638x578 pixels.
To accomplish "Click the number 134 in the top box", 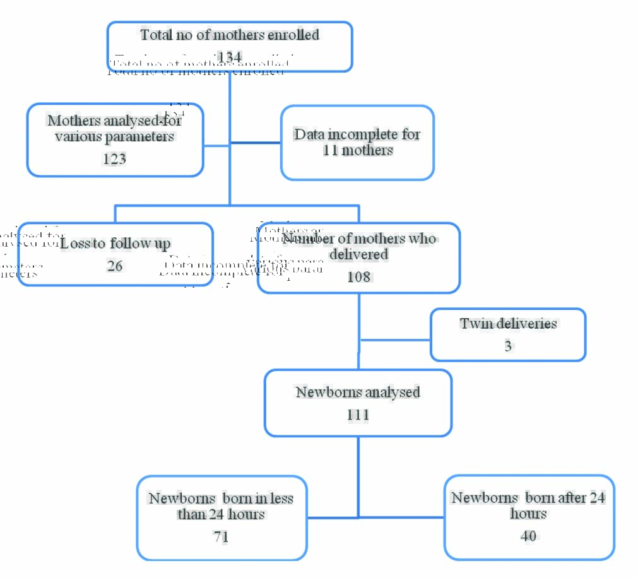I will pos(229,57).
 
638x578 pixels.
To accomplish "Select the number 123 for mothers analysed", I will pos(115,159).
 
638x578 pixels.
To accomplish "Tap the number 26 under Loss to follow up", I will pos(115,266).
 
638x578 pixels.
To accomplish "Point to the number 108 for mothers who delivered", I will pos(358,276).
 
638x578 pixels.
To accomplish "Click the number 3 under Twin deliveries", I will pos(508,346).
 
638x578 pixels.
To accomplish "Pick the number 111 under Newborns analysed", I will pos(358,415).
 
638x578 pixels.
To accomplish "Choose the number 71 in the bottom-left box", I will pos(221,536).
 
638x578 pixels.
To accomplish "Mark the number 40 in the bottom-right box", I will pos(529,536).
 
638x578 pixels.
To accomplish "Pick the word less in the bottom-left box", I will pos(281,498).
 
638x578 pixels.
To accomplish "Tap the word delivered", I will pos(358,254).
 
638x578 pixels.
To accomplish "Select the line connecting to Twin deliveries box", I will pos(394,340).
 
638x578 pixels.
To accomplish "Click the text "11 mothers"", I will pos(358,151).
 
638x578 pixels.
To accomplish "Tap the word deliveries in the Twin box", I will pos(526,324).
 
